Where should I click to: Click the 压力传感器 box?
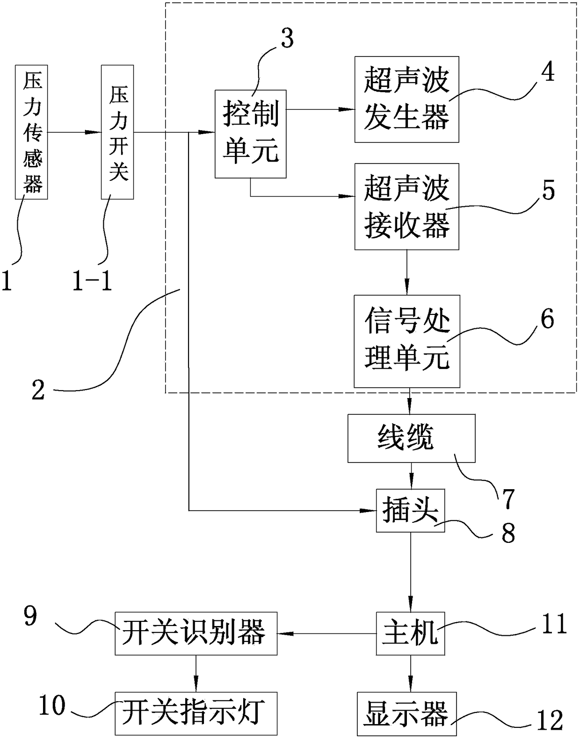tap(31, 132)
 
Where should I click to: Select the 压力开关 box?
tap(117, 132)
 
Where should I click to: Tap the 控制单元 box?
tap(250, 134)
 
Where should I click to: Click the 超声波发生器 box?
tap(407, 99)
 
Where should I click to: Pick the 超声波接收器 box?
tap(407, 206)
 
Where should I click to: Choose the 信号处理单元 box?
tap(407, 341)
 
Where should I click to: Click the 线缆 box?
tap(411, 438)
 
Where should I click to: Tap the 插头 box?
tap(410, 511)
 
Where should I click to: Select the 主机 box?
tap(410, 633)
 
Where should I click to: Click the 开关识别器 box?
tap(196, 633)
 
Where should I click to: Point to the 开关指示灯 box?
tap(196, 713)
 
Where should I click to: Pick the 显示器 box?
tap(406, 714)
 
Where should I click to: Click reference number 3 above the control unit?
tap(287, 40)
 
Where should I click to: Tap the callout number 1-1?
tap(92, 279)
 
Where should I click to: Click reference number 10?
tap(52, 705)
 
